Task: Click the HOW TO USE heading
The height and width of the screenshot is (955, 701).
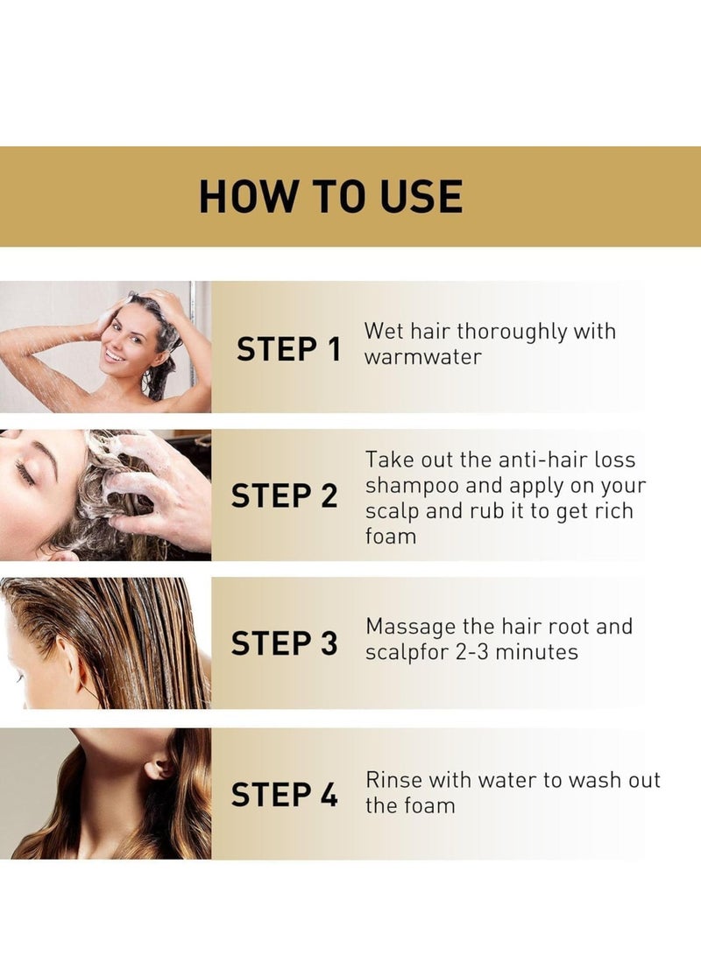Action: [331, 196]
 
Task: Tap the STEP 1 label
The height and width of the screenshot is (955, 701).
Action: [288, 349]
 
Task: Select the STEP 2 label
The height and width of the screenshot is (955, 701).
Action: [284, 495]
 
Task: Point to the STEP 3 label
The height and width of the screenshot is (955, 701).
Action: [284, 643]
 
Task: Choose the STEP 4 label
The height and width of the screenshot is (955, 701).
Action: [284, 795]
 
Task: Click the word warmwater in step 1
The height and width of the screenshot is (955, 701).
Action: [423, 357]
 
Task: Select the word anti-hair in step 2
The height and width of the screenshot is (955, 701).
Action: [540, 460]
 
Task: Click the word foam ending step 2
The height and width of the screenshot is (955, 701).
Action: [391, 537]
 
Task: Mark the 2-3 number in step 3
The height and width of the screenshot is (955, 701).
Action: [471, 652]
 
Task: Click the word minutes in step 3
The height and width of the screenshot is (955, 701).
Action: [536, 652]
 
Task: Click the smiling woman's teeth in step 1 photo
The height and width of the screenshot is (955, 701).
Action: [115, 354]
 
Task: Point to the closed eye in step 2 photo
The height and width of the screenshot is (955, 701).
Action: [25, 474]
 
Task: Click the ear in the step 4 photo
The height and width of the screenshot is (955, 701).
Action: [159, 767]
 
